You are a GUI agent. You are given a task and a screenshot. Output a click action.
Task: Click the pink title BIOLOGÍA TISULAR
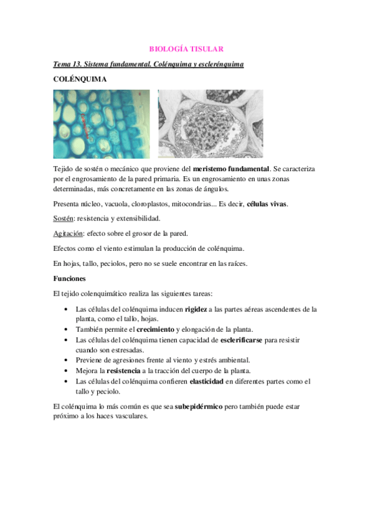pyautogui.click(x=187, y=48)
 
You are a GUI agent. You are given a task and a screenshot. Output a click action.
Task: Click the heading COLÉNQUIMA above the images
pyautogui.click(x=80, y=79)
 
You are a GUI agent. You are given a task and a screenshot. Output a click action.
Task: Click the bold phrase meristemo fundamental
pyautogui.click(x=232, y=169)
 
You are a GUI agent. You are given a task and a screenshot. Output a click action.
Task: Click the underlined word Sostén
pyautogui.click(x=64, y=219)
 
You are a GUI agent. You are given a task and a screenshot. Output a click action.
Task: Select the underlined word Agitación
pyautogui.click(x=68, y=233)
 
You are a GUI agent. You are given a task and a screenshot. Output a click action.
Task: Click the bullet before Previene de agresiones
pyautogui.click(x=67, y=360)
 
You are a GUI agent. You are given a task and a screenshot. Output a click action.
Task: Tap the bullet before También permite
pyautogui.click(x=67, y=329)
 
